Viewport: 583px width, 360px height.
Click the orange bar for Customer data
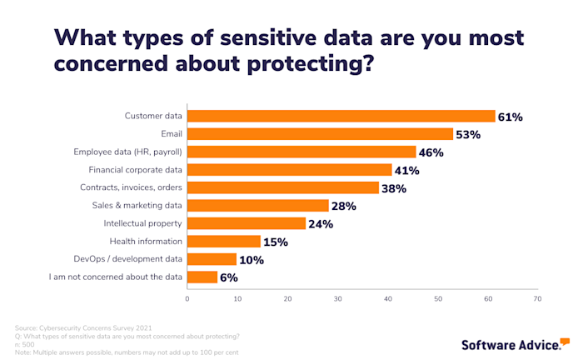tap(341, 117)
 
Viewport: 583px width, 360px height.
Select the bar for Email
tap(320, 134)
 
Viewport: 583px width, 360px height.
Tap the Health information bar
tap(224, 242)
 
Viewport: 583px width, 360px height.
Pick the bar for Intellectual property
tap(247, 223)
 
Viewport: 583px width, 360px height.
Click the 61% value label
tap(510, 117)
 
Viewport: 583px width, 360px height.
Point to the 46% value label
tap(431, 152)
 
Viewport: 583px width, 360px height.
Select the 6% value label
tap(229, 277)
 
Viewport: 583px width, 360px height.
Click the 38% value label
tap(393, 188)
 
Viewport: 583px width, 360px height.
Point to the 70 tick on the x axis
tap(537, 298)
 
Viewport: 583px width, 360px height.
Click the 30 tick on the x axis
tap(337, 298)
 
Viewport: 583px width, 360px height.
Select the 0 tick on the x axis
tap(187, 298)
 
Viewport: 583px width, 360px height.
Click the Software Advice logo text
tap(509, 343)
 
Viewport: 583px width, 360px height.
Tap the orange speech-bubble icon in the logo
tap(565, 342)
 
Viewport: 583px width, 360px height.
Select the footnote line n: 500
tap(26, 343)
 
